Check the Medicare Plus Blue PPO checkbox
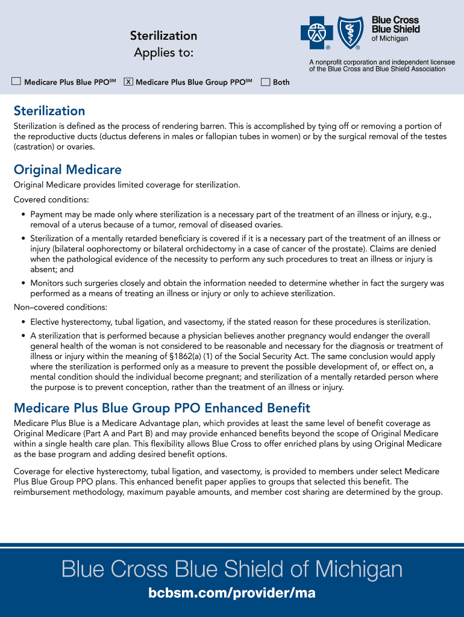16,82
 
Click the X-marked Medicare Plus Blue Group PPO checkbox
128,82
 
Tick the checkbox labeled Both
265,82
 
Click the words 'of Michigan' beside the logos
389,39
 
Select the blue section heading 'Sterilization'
49,111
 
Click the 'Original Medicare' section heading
67,169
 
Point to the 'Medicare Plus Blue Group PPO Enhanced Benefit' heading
161,408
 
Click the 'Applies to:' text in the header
163,53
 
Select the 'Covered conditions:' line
51,199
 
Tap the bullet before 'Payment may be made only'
23,215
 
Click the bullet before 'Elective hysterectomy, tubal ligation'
23,322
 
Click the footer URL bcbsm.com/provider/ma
232,594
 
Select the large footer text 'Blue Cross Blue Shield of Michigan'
232,569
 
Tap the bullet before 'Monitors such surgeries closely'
23,283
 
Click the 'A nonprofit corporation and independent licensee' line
382,62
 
